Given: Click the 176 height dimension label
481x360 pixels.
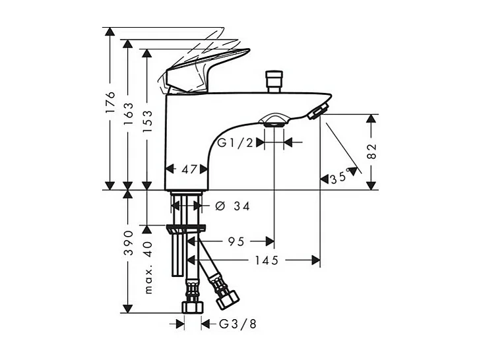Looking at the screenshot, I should (x=110, y=104).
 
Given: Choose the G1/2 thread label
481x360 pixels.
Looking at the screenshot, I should (x=236, y=142).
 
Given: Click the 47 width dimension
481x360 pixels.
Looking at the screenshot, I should (x=190, y=169).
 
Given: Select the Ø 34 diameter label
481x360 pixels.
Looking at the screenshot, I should (x=232, y=206).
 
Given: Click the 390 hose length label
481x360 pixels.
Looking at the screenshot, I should (x=128, y=243).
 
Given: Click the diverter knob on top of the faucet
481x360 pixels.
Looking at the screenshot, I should (x=272, y=80).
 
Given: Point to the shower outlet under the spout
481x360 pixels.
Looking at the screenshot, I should (x=274, y=121).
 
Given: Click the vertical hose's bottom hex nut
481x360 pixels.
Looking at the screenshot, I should (x=192, y=309).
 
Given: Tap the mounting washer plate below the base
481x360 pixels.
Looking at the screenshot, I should (x=187, y=229).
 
